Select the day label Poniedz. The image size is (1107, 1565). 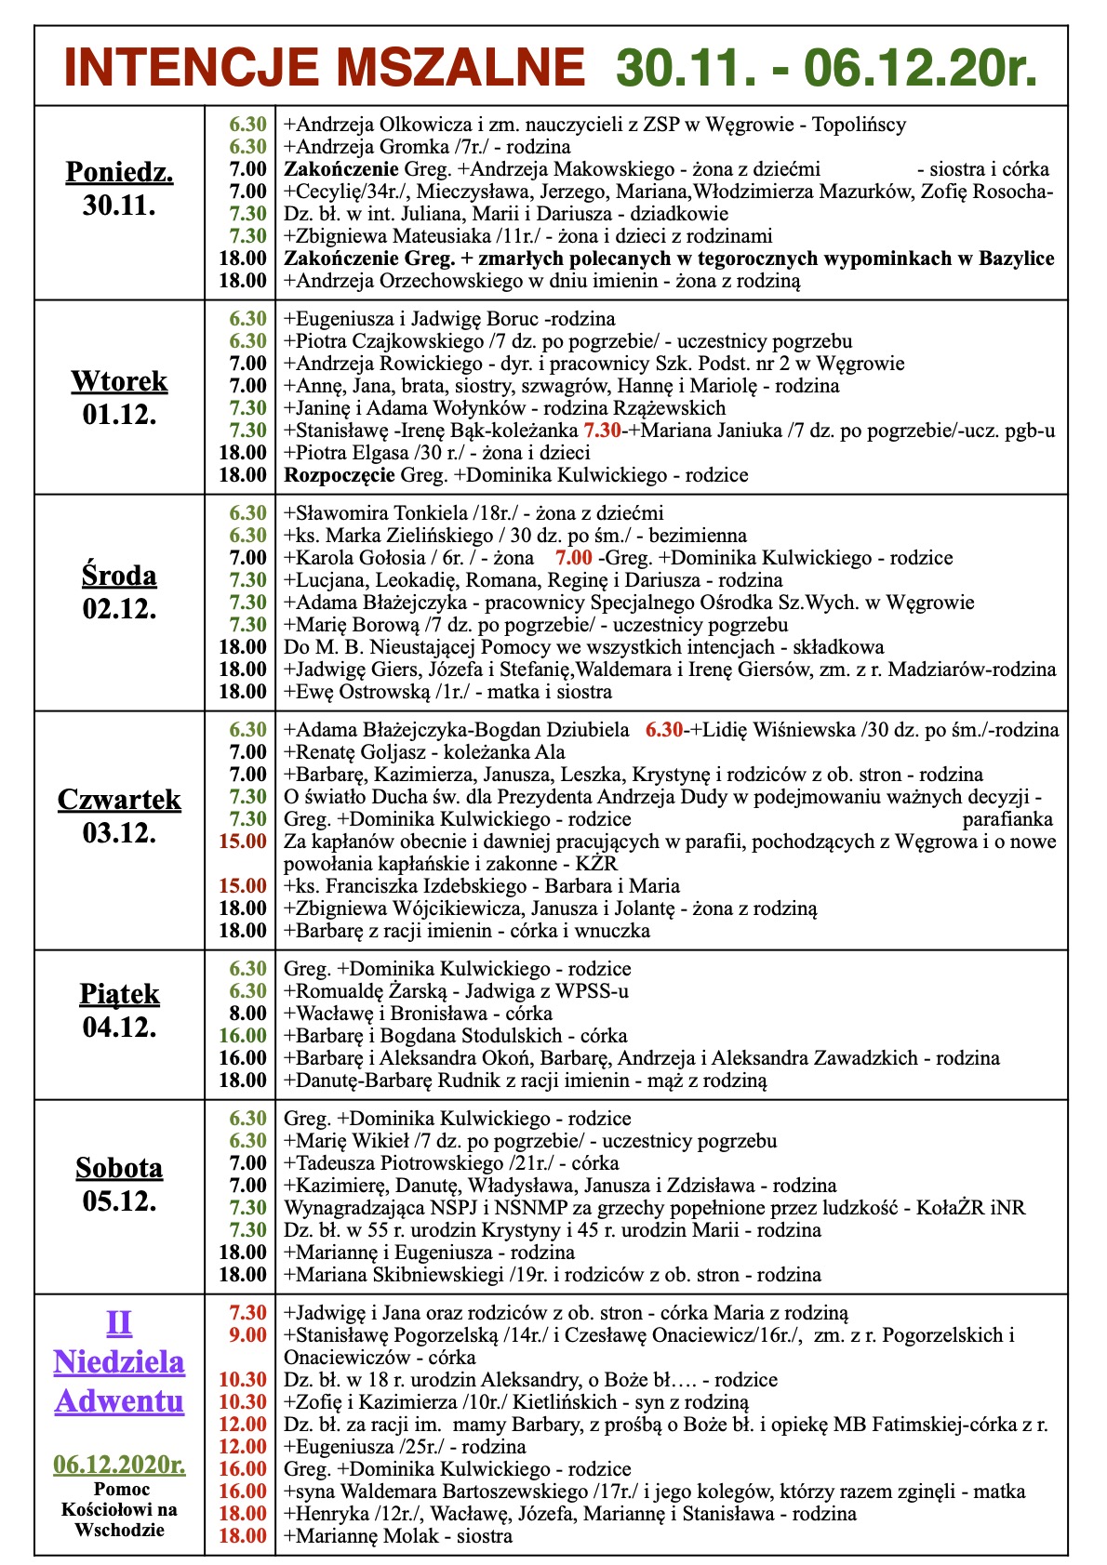[119, 172]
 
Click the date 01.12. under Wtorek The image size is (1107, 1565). [119, 414]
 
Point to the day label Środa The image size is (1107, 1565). [119, 576]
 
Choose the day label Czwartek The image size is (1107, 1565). [119, 800]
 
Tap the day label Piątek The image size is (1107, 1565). [119, 994]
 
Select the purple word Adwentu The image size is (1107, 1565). [119, 1400]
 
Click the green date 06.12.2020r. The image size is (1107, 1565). [119, 1465]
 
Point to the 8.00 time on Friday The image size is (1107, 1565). [248, 1014]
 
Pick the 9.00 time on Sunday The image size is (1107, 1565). [248, 1335]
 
